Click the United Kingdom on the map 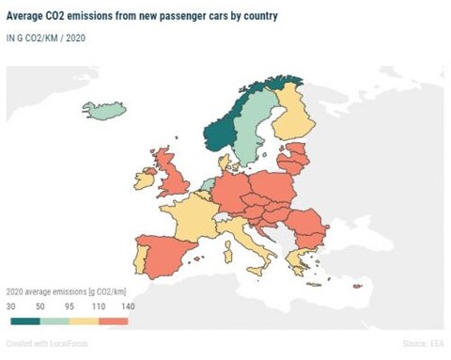(176, 179)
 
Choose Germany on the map (231, 195)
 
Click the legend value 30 (11, 307)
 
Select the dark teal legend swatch (23, 321)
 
